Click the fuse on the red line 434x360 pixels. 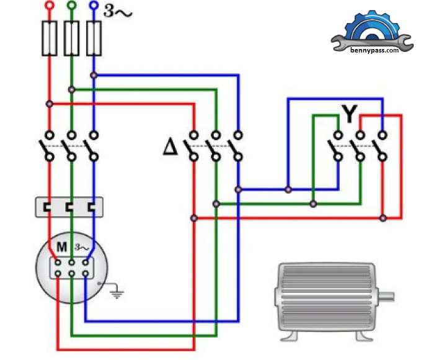click(49, 38)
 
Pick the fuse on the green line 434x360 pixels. click(71, 38)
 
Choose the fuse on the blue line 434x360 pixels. click(94, 38)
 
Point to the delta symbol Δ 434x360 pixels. click(170, 148)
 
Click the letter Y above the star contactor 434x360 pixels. click(350, 114)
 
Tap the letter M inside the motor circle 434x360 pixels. click(61, 248)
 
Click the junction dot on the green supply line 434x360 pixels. click(71, 89)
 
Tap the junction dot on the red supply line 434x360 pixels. click(49, 104)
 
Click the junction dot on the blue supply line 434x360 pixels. click(94, 75)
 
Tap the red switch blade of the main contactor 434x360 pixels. click(45, 149)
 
